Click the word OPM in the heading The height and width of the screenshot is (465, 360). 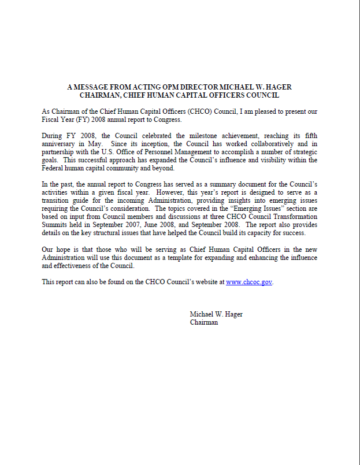coord(152,87)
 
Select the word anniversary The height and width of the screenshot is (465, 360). coord(61,143)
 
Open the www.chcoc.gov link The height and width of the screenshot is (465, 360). coord(248,282)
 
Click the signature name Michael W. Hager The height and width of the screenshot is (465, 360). coord(216,314)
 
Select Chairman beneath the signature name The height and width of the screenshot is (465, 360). coord(204,322)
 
